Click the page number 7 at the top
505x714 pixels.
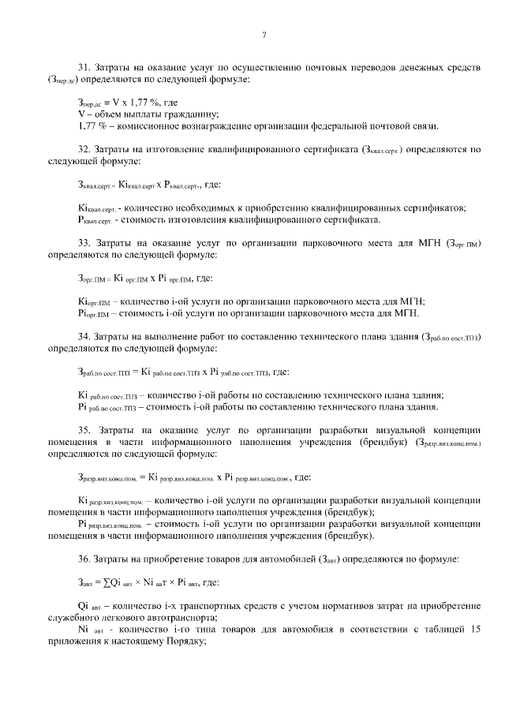(x=264, y=34)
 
